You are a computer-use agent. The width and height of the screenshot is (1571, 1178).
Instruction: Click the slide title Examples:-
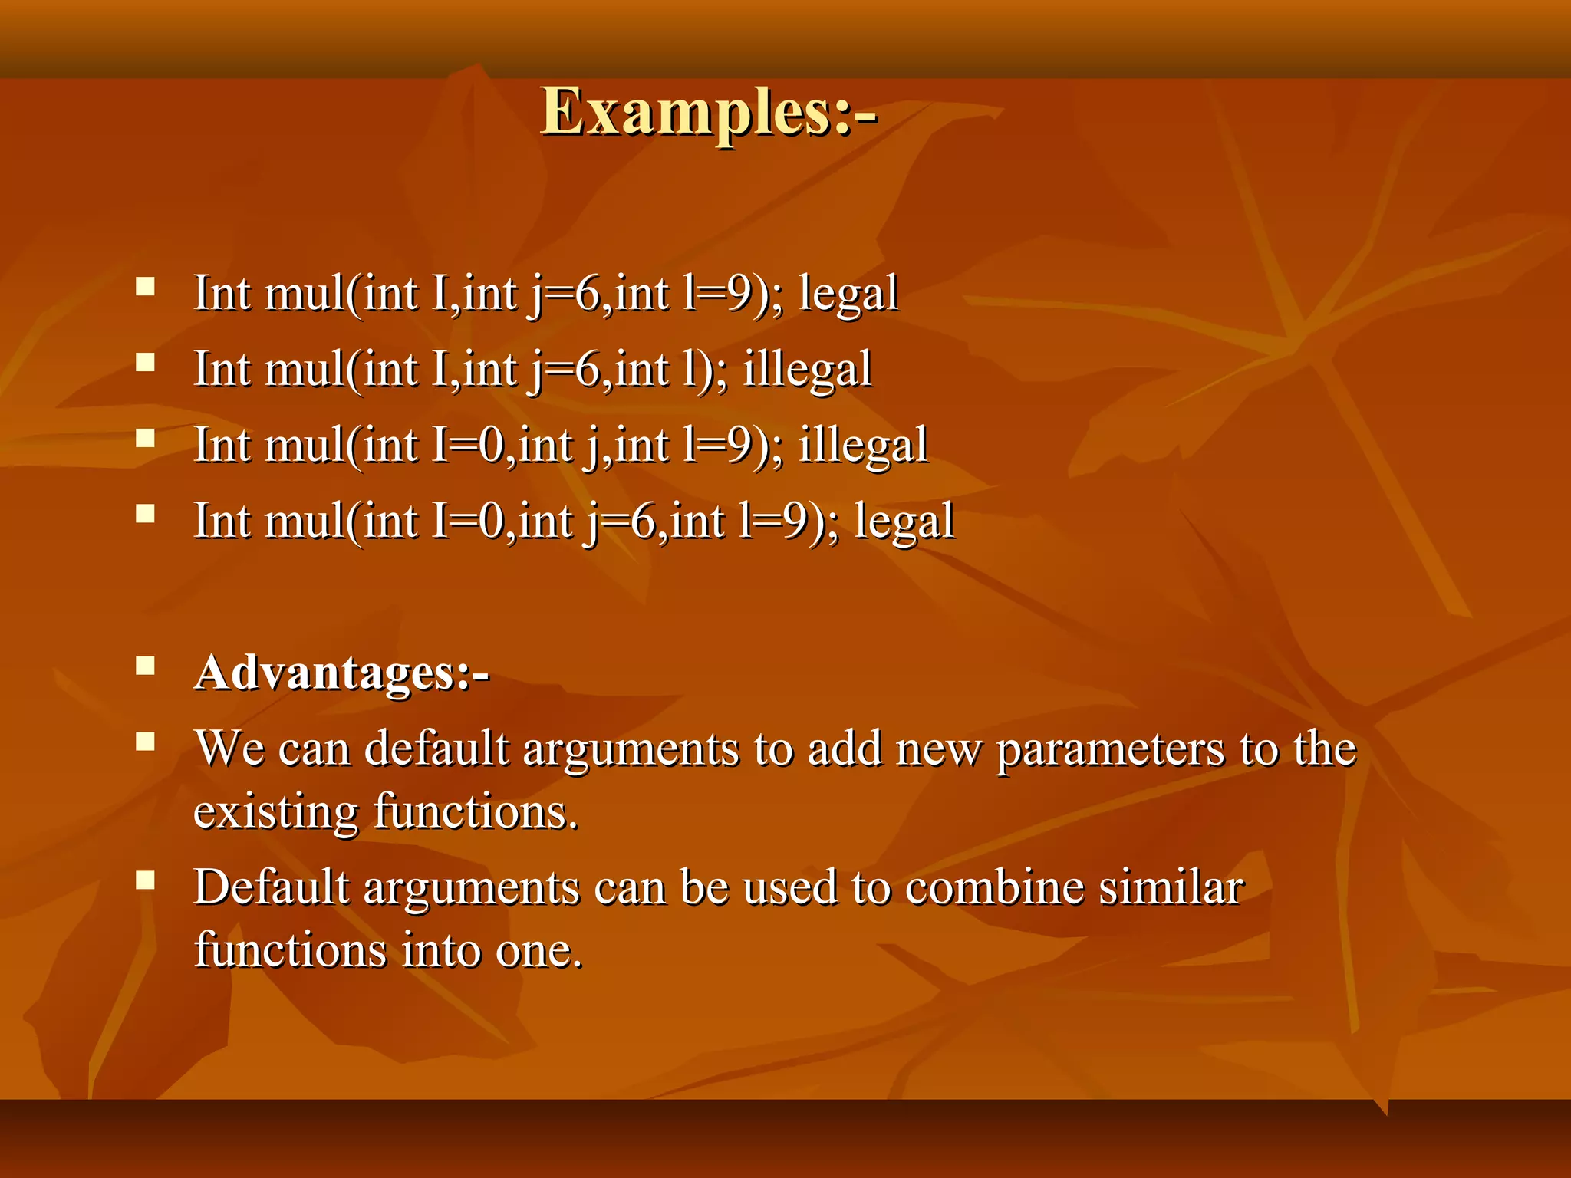tap(708, 112)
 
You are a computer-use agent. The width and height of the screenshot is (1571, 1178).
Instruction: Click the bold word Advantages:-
tap(341, 673)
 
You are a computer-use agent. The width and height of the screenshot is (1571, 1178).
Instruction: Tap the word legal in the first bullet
tap(848, 294)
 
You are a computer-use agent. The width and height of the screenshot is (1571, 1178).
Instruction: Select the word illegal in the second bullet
tap(807, 370)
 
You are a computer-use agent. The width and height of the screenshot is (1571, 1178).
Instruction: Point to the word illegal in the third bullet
tap(863, 446)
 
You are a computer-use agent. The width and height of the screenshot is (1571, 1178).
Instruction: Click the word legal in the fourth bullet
tap(904, 522)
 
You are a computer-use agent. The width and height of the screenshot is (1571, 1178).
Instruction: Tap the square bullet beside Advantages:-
tap(145, 665)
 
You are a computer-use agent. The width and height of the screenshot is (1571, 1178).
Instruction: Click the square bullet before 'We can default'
tap(145, 741)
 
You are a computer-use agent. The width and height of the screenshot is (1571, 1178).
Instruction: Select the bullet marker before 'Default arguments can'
tap(145, 880)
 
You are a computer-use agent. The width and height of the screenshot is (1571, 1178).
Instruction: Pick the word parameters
tap(1110, 749)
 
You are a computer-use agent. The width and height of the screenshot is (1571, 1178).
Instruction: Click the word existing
tap(275, 811)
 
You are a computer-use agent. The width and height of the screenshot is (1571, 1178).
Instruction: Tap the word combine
tap(994, 888)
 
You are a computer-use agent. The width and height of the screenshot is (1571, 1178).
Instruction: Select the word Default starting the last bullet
tap(272, 888)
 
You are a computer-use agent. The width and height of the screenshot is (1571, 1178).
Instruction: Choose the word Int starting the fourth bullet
tap(222, 522)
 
